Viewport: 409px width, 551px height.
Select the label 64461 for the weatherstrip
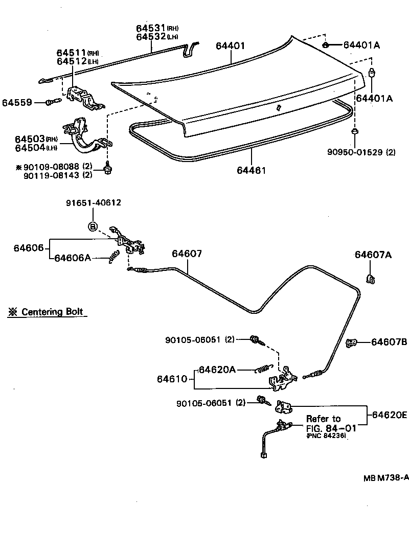click(251, 170)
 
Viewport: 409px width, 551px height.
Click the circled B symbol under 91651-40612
click(93, 226)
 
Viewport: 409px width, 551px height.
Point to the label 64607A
click(373, 255)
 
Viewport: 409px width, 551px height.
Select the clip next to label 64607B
click(351, 343)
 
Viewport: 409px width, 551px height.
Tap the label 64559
click(17, 102)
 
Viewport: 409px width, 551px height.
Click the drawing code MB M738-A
click(386, 478)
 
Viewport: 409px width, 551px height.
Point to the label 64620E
click(389, 416)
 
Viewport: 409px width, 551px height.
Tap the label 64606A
click(73, 258)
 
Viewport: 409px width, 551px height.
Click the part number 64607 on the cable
click(187, 254)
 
